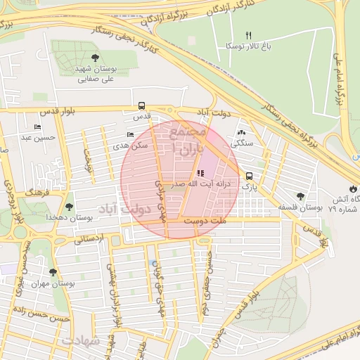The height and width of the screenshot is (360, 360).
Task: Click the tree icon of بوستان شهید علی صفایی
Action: coord(95,58)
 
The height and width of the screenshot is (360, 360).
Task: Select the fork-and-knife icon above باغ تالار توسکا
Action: coord(247,34)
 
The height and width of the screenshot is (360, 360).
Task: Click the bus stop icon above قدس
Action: coord(143,108)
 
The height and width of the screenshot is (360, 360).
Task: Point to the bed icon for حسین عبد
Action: coord(37,127)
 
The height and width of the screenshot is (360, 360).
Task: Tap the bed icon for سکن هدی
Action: coord(130,134)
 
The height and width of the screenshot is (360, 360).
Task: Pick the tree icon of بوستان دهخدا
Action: coord(69,207)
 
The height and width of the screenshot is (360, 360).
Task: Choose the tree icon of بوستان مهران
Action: coord(53,272)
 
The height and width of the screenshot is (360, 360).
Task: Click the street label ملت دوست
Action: coord(202,221)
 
